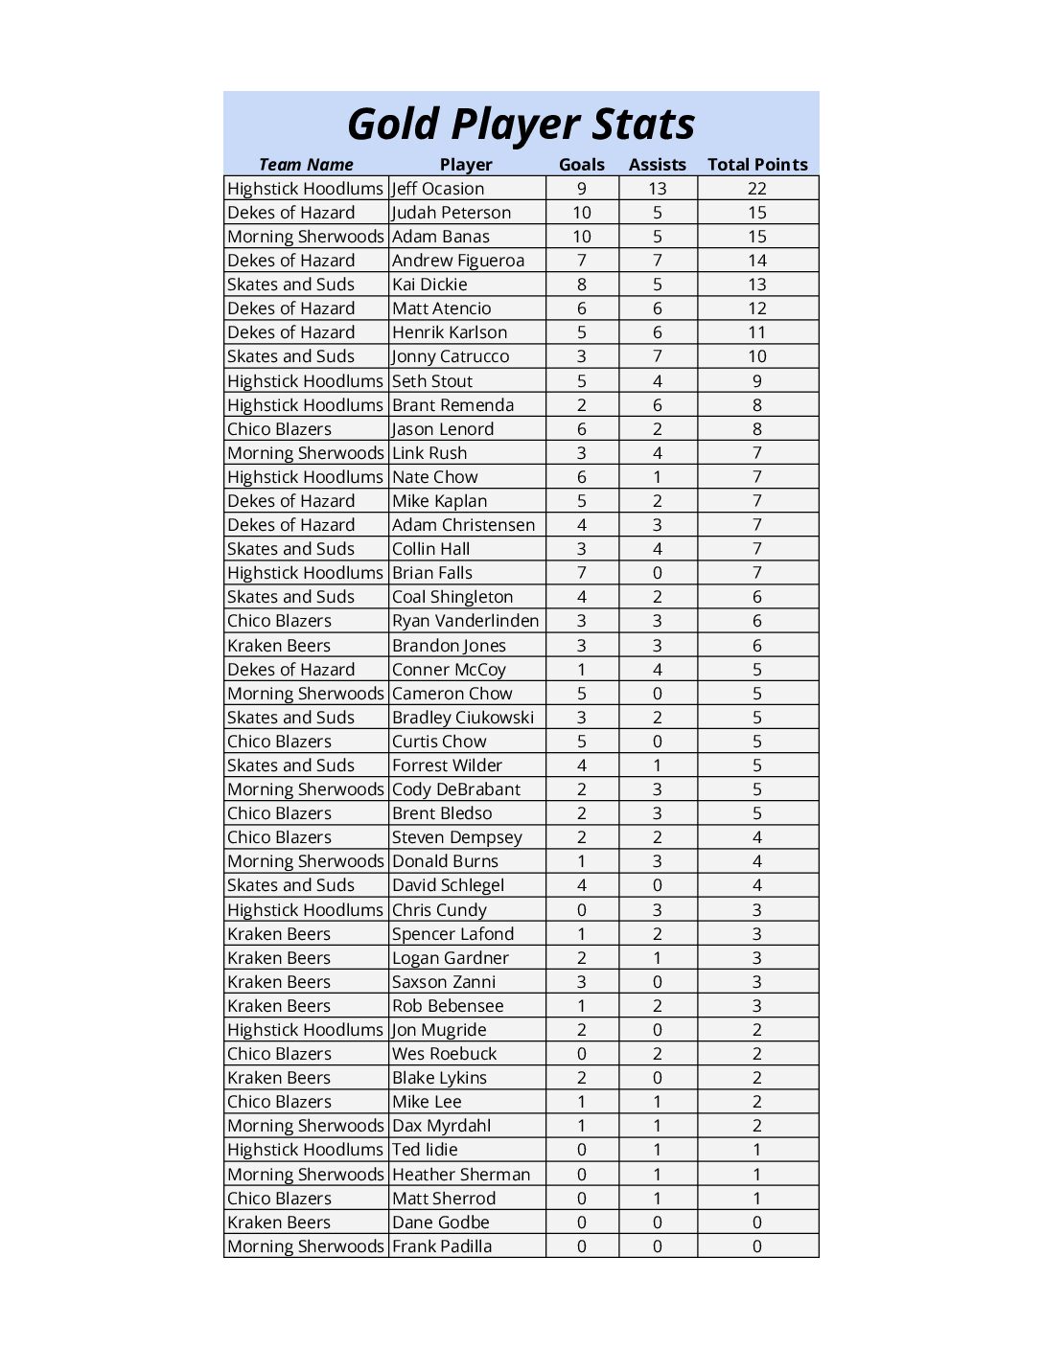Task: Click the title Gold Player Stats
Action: tap(521, 125)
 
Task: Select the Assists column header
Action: tap(657, 165)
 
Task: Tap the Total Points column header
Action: tap(757, 165)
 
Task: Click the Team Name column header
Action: tap(306, 165)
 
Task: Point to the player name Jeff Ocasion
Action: tap(438, 189)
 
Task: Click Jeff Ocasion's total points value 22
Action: tap(757, 189)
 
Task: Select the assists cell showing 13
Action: tap(657, 189)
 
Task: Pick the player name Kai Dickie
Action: tap(429, 285)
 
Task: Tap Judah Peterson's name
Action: tap(452, 213)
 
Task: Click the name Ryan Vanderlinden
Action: tap(465, 621)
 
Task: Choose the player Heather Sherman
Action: tap(460, 1175)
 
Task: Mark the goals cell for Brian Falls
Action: tap(582, 573)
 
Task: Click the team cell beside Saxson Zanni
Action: tap(279, 982)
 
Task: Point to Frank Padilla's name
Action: tap(442, 1246)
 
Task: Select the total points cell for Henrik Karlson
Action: tap(757, 332)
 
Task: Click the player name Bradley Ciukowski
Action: tap(463, 718)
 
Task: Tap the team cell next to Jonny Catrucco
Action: tap(290, 356)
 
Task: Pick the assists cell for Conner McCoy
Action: tap(657, 670)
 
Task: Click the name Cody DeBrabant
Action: tap(456, 789)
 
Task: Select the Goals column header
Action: tap(582, 165)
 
